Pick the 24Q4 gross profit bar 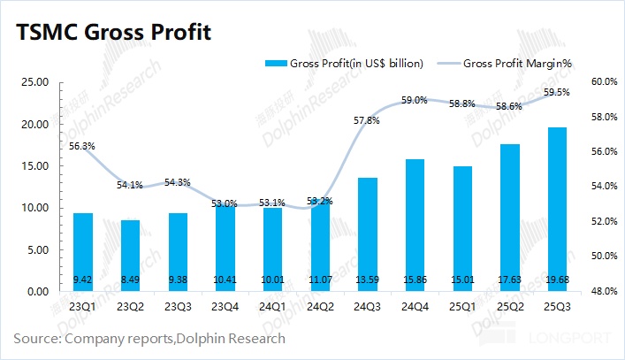pos(415,225)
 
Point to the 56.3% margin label pos(82,146)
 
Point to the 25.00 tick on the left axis pos(34,82)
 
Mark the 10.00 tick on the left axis pos(34,208)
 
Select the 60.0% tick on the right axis pos(604,82)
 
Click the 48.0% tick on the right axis pos(604,291)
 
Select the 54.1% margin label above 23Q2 pos(130,186)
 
